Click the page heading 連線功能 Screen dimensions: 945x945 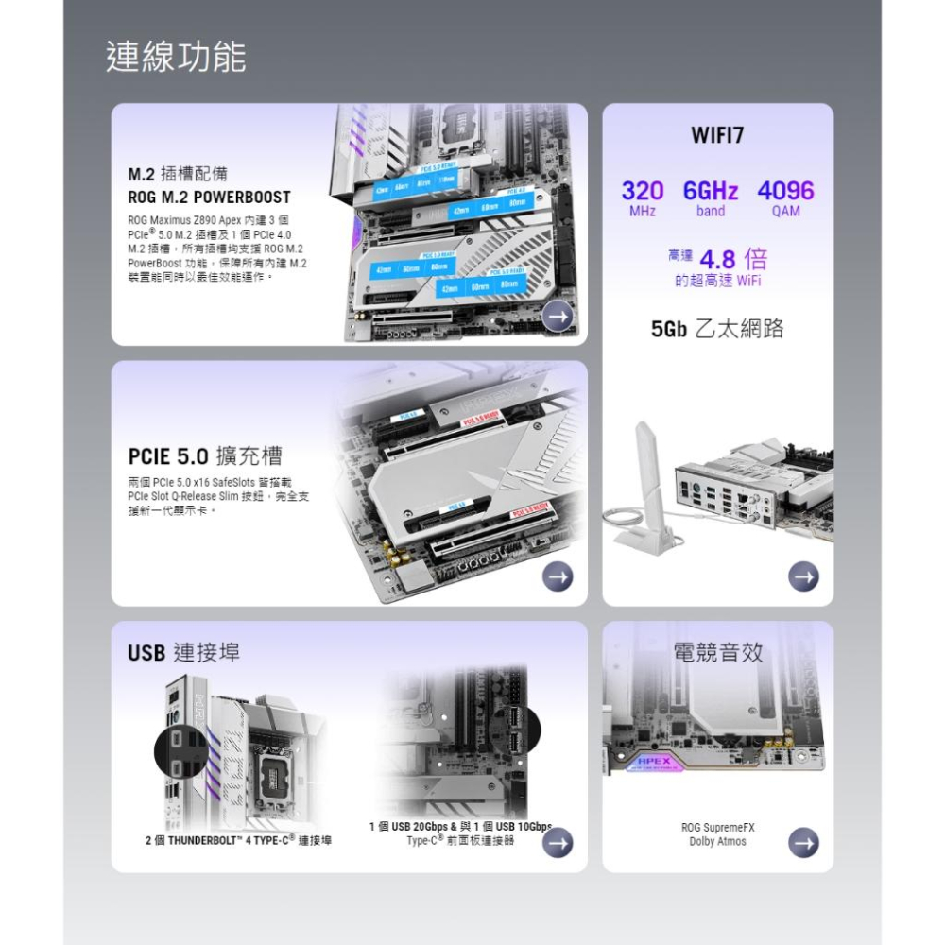pyautogui.click(x=176, y=58)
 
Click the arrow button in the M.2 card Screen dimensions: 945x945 pyautogui.click(x=558, y=317)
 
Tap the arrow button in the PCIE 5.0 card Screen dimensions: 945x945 pyautogui.click(x=558, y=576)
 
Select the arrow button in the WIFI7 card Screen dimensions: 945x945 pyautogui.click(x=803, y=576)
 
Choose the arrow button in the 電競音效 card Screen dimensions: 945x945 pyautogui.click(x=803, y=841)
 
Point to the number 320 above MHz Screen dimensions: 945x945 pyautogui.click(x=643, y=190)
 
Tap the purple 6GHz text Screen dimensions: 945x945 pyautogui.click(x=711, y=190)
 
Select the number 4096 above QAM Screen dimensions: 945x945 pyautogui.click(x=785, y=190)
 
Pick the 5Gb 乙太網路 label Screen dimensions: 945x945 pyautogui.click(x=717, y=329)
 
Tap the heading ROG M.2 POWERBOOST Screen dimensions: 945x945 pyautogui.click(x=209, y=198)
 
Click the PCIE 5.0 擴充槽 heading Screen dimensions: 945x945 pyautogui.click(x=205, y=456)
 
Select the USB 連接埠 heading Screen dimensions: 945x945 pyautogui.click(x=183, y=652)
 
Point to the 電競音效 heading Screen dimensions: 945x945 pyautogui.click(x=717, y=652)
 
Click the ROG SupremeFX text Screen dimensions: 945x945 pyautogui.click(x=717, y=828)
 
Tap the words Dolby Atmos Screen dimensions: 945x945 pyautogui.click(x=717, y=841)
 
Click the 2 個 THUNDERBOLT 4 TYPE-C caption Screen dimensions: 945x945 pyautogui.click(x=237, y=839)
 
